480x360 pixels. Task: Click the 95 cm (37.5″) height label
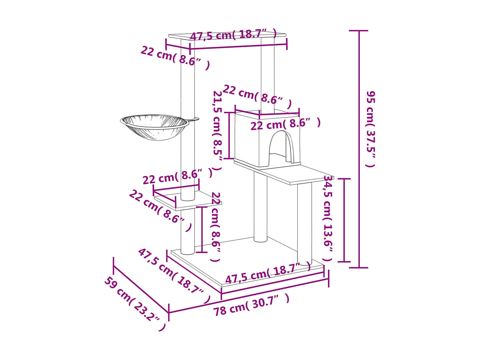[x=371, y=129]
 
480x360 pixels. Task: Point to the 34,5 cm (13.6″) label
[x=328, y=218]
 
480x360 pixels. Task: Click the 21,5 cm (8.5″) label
[x=217, y=131]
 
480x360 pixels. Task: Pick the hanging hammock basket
[x=155, y=127]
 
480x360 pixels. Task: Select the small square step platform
[x=188, y=200]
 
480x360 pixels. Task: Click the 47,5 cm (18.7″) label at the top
[x=234, y=35]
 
